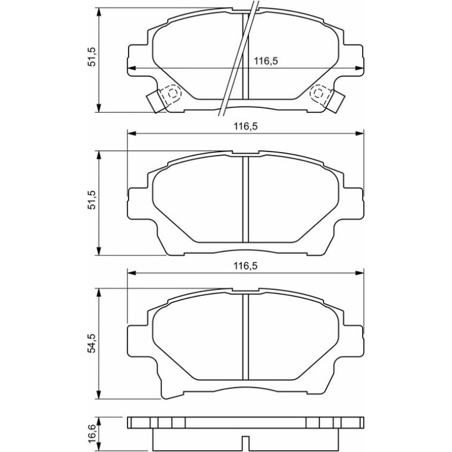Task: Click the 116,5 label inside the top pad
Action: click(266, 61)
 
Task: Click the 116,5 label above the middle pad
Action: click(245, 126)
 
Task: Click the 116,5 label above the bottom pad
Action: click(245, 266)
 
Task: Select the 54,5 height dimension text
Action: click(92, 343)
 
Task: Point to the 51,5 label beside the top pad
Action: click(92, 57)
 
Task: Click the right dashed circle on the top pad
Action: click(318, 93)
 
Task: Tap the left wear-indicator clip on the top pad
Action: click(156, 102)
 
